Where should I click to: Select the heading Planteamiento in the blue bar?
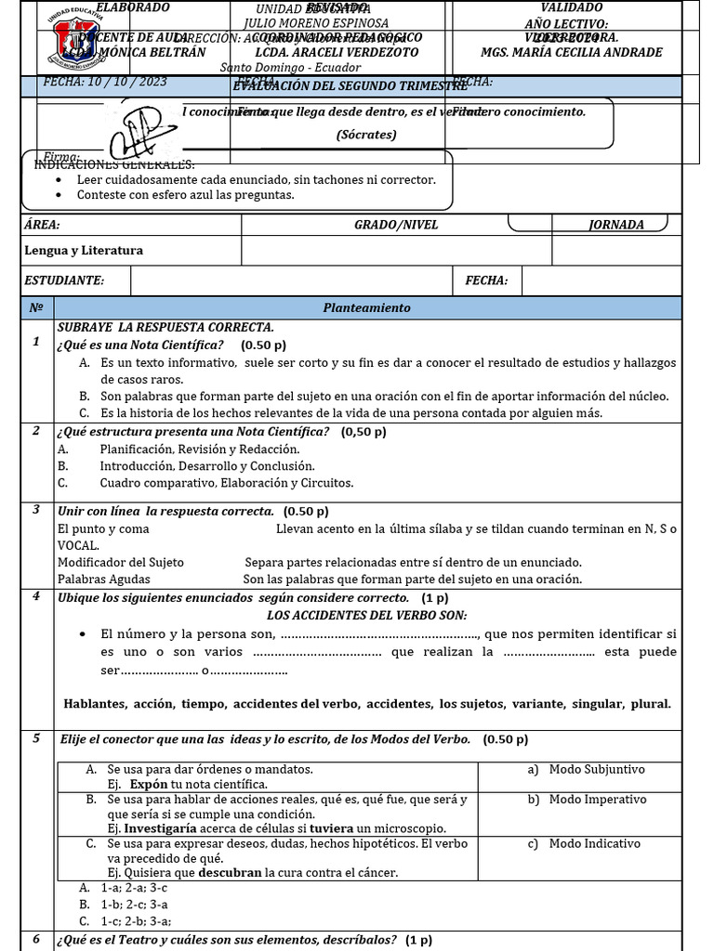366,307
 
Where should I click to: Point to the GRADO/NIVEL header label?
396,225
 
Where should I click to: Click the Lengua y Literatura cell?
84,251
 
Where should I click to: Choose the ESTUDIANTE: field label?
64,280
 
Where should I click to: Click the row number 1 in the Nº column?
35,342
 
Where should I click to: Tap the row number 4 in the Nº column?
35,596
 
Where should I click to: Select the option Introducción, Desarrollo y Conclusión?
206,466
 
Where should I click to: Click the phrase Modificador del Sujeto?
121,562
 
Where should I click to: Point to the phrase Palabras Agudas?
103,579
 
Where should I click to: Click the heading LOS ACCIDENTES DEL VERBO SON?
366,615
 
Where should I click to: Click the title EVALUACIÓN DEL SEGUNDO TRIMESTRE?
350,86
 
